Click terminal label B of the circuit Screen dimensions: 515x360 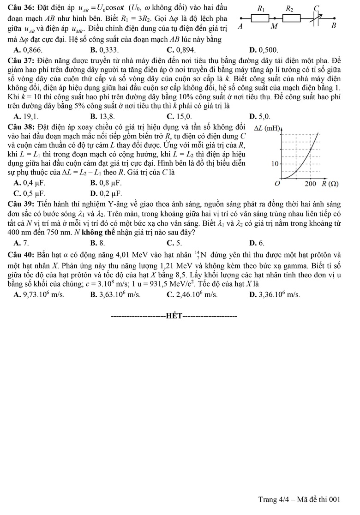tap(334, 26)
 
